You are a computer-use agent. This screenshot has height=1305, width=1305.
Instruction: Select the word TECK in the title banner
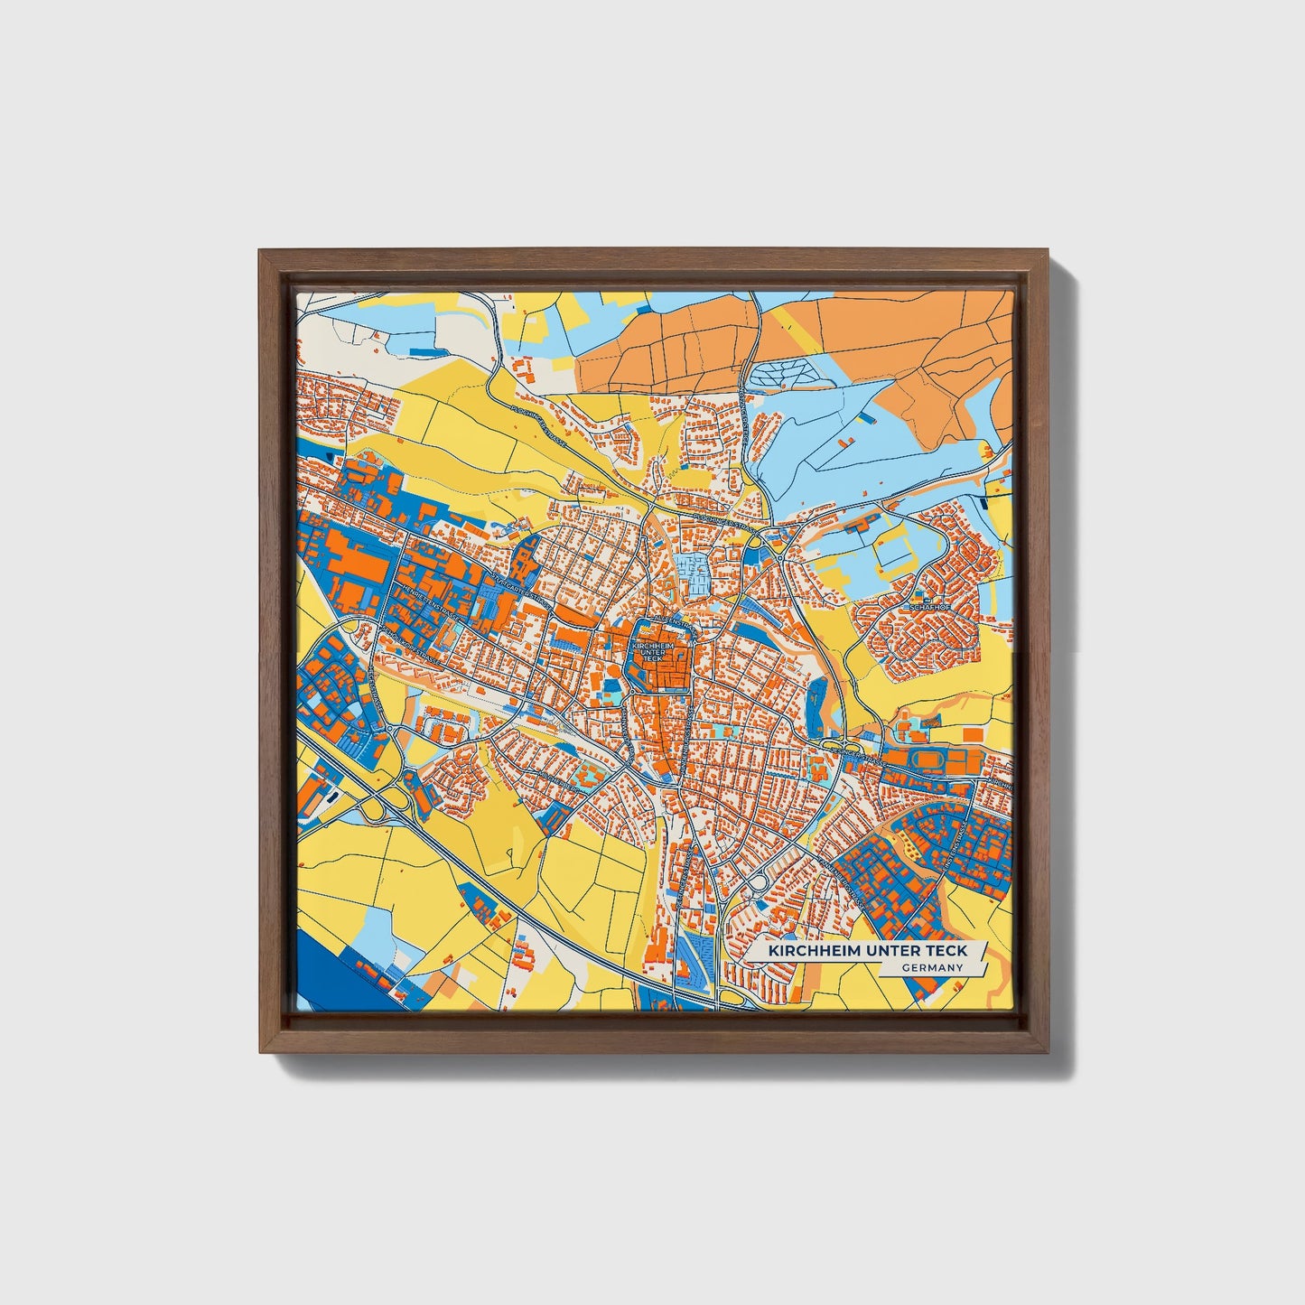coord(946,951)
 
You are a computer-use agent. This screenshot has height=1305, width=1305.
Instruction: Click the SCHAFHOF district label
coord(933,608)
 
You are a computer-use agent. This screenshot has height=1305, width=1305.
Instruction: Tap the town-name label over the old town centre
coord(653,652)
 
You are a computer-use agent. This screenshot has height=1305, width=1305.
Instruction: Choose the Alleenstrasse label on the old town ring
coord(667,624)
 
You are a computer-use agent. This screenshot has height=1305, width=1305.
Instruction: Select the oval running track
coord(927,760)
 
